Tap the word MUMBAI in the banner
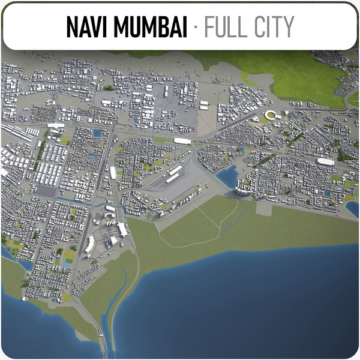click(x=154, y=27)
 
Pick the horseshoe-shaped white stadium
click(x=273, y=115)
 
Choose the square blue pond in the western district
click(x=97, y=133)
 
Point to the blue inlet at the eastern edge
click(x=352, y=209)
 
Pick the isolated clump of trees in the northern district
click(x=108, y=88)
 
